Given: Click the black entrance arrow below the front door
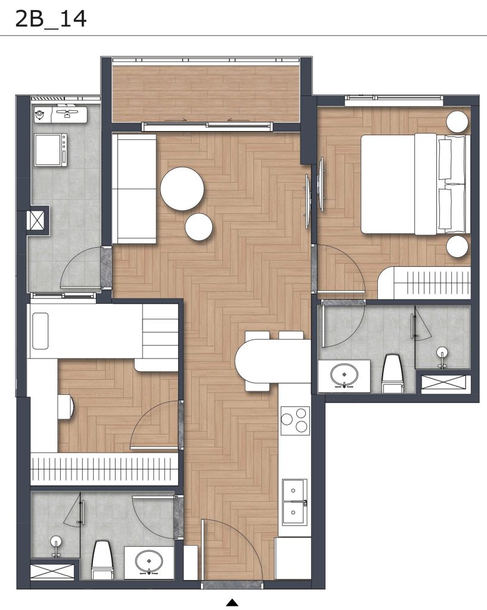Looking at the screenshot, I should click(x=232, y=603).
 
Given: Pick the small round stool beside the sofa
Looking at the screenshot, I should click(x=199, y=227).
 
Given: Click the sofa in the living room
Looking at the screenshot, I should click(x=134, y=188).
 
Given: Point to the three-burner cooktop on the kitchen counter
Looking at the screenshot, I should click(x=295, y=421).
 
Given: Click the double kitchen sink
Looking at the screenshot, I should click(x=294, y=502).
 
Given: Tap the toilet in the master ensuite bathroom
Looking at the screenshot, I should click(x=392, y=374).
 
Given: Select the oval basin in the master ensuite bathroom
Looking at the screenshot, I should click(x=345, y=376).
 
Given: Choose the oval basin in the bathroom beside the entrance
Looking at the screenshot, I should click(x=147, y=561).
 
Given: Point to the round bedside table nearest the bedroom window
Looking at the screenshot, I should click(x=458, y=122).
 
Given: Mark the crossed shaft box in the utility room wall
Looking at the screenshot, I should click(x=37, y=219).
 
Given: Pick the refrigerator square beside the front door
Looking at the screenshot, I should click(x=292, y=558).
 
